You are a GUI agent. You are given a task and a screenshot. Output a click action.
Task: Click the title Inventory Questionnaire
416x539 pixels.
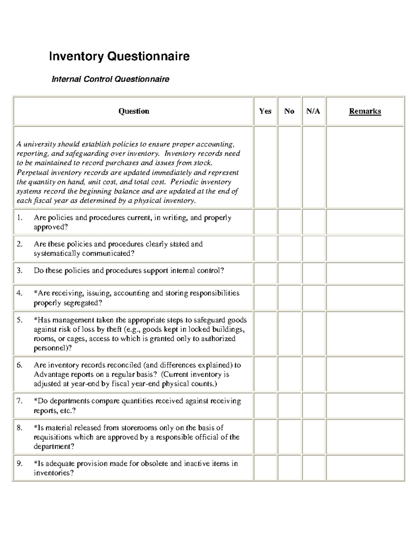(119, 56)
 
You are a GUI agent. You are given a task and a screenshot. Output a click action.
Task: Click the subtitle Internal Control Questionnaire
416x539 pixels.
(110, 79)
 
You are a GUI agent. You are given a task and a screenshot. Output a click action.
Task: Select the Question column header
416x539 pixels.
(133, 111)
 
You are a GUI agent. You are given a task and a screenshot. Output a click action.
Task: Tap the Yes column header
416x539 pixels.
(265, 111)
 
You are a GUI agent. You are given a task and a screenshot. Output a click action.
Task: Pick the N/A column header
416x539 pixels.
(313, 111)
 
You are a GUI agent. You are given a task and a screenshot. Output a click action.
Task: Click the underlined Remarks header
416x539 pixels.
(365, 111)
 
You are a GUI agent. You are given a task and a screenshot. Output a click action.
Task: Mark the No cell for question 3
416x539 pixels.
(289, 273)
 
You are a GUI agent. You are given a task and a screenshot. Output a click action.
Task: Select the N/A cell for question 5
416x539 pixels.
(313, 334)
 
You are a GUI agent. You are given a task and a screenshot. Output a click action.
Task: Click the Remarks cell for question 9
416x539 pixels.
(365, 468)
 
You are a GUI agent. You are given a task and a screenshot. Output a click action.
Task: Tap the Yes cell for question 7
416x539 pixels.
(265, 405)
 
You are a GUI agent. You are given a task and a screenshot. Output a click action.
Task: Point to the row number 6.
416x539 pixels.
(19, 365)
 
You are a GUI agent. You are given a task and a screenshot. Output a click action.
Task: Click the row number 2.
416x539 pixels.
(19, 244)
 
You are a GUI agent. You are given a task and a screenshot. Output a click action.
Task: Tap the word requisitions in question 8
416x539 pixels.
(53, 437)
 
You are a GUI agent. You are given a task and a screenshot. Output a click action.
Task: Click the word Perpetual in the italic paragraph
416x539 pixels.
(32, 172)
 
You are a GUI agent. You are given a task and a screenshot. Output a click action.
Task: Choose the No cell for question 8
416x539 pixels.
(289, 437)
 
